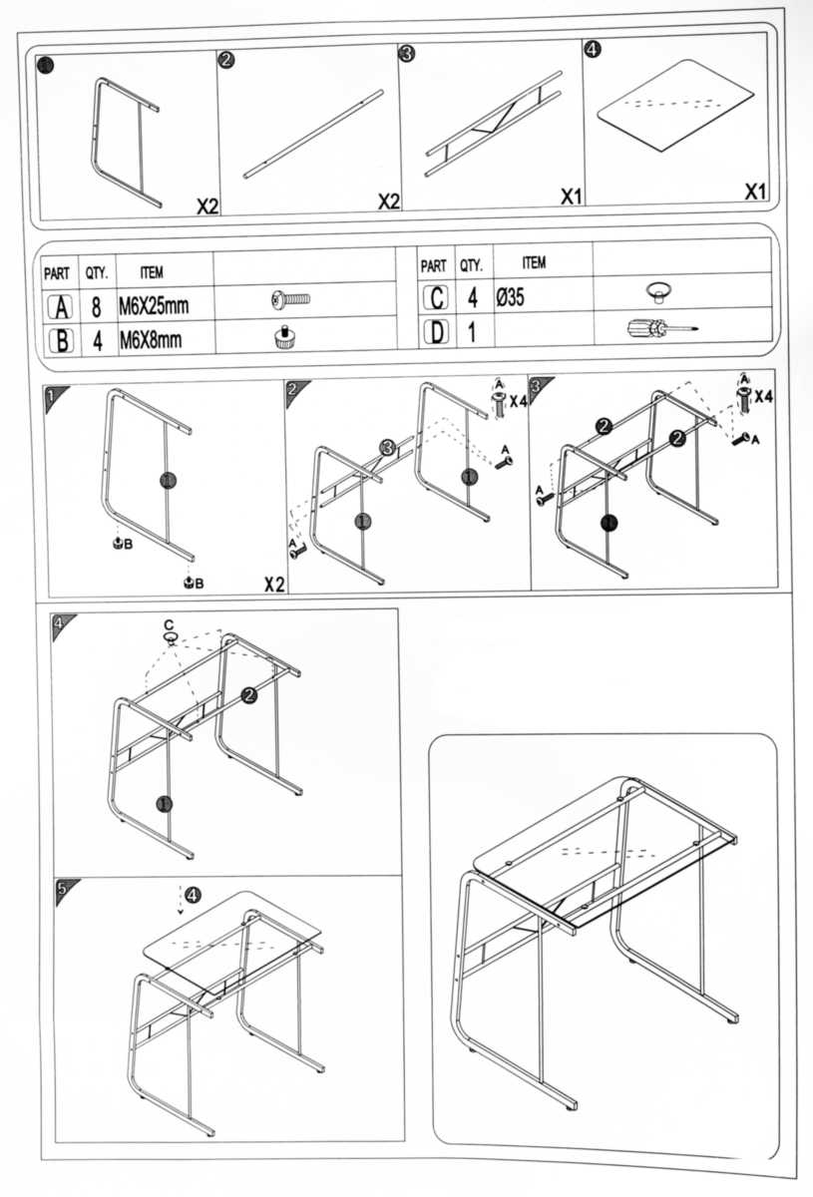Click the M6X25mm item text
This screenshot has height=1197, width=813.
[154, 305]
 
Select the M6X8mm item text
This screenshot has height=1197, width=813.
[150, 340]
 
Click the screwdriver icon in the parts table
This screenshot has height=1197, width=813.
[658, 327]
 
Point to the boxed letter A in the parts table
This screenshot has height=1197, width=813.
[60, 306]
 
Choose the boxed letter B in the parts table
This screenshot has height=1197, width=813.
[60, 340]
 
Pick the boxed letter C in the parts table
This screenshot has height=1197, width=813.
[435, 297]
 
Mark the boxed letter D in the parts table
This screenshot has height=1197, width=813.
[435, 331]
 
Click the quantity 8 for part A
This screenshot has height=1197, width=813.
[98, 306]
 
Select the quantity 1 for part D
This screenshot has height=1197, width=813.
[472, 331]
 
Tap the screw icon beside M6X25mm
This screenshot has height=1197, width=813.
[291, 298]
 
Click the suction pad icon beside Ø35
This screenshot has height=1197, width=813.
[657, 290]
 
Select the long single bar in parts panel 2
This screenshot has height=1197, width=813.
[312, 135]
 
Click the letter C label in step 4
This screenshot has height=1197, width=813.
[169, 624]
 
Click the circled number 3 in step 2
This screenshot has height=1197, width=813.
[387, 447]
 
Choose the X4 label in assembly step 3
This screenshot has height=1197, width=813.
[764, 397]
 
